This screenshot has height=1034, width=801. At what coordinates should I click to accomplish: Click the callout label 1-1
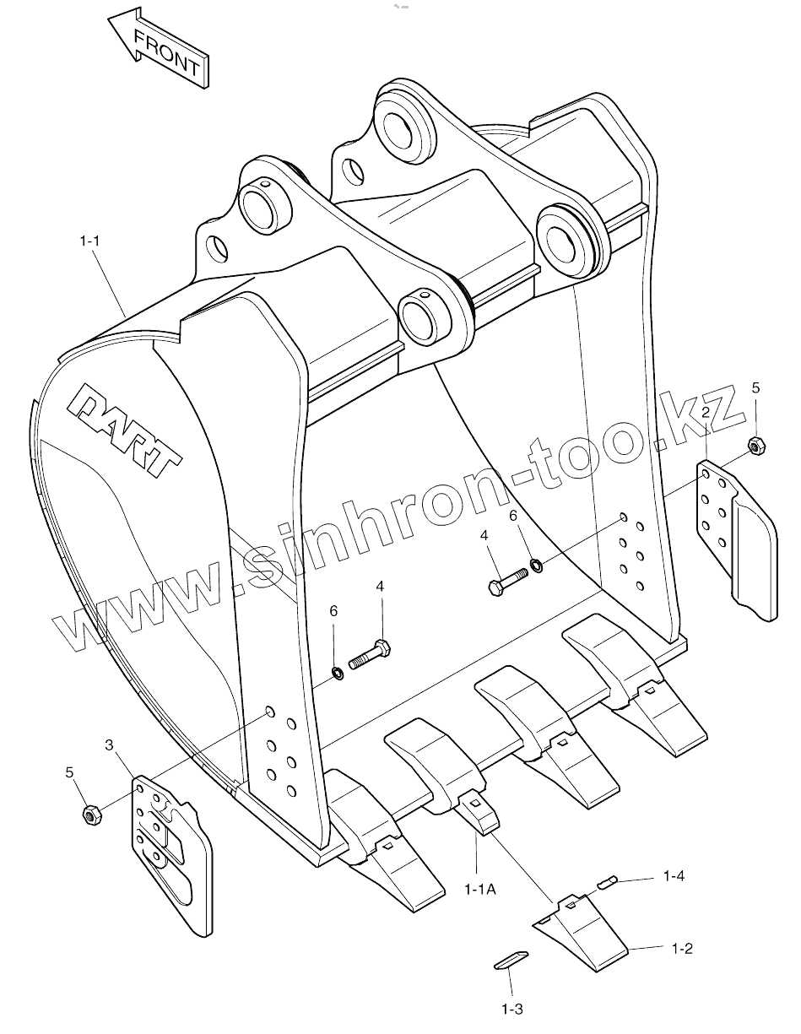tap(90, 241)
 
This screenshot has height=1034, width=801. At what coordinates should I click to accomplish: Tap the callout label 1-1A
tap(480, 888)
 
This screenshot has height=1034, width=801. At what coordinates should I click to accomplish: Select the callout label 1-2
tap(682, 949)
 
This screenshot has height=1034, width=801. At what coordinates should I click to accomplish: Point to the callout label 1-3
tap(512, 1009)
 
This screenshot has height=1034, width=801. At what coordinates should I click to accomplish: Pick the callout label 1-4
tap(673, 876)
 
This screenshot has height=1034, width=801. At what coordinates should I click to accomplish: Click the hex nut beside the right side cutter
tap(756, 444)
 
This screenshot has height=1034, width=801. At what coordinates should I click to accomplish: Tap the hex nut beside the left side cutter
tap(91, 815)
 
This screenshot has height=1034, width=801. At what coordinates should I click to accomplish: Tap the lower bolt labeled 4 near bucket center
tap(372, 656)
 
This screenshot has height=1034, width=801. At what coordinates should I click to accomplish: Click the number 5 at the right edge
tap(755, 388)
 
